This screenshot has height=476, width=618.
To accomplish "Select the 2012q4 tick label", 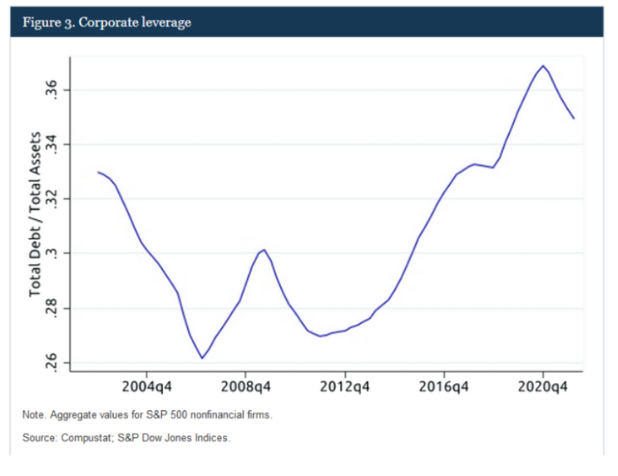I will point(345,385).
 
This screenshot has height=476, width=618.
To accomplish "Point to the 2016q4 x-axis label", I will point(444,385).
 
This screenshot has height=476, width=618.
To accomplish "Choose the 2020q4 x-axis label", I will point(543,385).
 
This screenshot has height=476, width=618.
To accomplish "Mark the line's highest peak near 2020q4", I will point(543,65).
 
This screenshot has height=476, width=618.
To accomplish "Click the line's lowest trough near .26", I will point(202,358).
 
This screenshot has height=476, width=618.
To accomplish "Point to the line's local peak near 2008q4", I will point(263,249).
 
